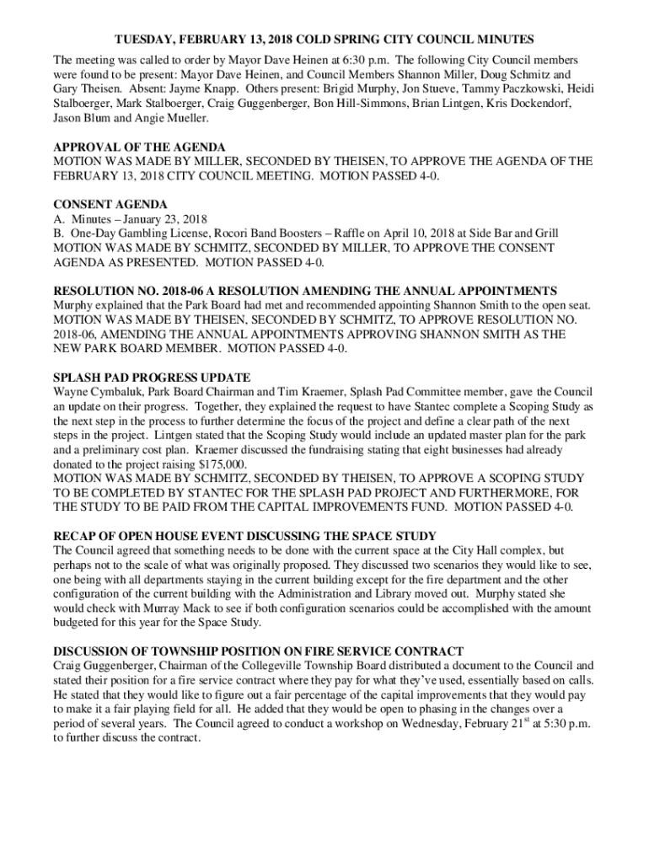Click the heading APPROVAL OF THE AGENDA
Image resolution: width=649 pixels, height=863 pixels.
(139, 147)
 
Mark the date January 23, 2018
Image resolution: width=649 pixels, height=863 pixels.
(158, 218)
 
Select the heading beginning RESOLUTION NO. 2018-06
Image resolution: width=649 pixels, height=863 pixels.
(305, 290)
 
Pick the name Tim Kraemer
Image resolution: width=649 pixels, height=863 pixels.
(301, 392)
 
